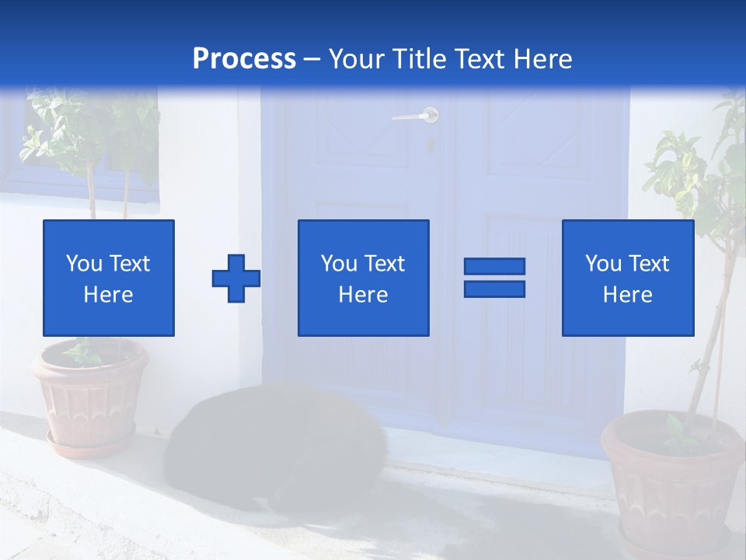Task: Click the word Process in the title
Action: click(244, 59)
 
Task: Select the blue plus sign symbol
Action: click(236, 278)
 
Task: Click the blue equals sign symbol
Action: click(494, 278)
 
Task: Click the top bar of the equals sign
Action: click(494, 267)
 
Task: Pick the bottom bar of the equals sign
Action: click(494, 289)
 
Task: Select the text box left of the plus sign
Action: click(109, 278)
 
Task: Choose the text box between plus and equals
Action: click(363, 278)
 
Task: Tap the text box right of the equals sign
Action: click(627, 278)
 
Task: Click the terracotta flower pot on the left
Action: click(90, 393)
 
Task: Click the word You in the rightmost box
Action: click(603, 264)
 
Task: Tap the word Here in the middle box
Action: click(363, 295)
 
